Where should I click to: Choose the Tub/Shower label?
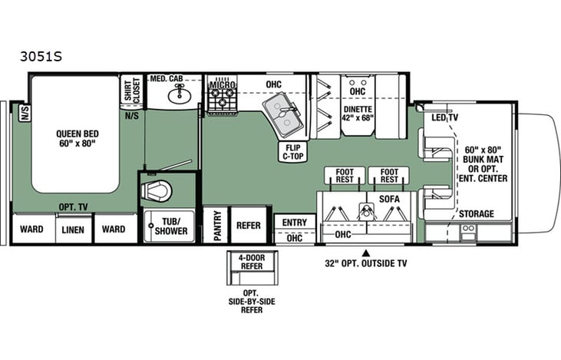coord(170,226)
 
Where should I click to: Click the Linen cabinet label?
coord(73,229)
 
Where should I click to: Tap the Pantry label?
coord(216,226)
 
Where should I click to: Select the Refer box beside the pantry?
coord(248,226)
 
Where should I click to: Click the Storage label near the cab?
coord(476,213)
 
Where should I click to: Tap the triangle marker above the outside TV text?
coord(366,253)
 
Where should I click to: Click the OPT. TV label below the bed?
coord(74,207)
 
